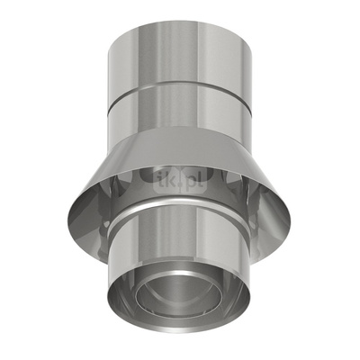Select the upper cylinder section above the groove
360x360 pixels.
[179, 54]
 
